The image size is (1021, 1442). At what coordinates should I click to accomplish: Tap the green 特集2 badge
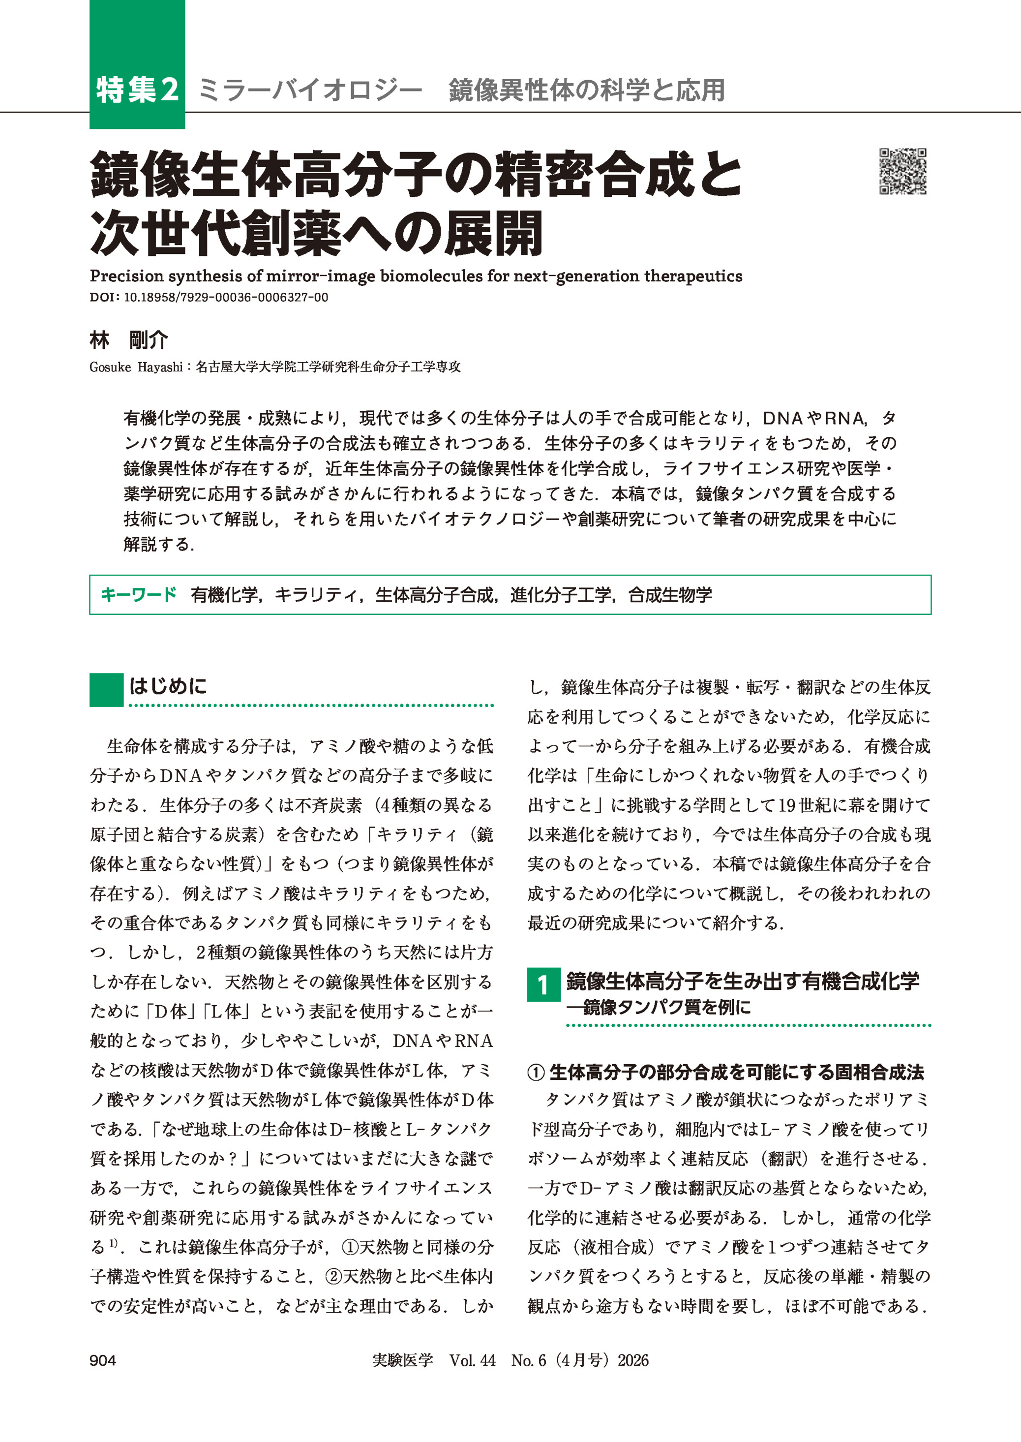(137, 90)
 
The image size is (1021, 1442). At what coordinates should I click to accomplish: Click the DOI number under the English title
(226, 298)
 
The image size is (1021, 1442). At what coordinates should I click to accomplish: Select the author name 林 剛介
(129, 340)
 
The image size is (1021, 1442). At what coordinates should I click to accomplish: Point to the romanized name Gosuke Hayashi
(135, 367)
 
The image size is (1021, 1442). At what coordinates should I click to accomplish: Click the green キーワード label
(139, 594)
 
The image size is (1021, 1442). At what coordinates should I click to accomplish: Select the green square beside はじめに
(106, 690)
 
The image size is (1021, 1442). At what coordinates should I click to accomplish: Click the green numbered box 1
(543, 985)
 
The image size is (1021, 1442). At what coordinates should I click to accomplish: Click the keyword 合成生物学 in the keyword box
(670, 594)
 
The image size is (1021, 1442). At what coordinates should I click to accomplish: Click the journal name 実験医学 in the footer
(402, 1360)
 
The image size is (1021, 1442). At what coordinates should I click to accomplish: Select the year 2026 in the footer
(632, 1360)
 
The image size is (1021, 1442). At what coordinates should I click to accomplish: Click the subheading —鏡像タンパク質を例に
(659, 1008)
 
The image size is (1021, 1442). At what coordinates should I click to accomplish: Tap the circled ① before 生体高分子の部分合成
(536, 1072)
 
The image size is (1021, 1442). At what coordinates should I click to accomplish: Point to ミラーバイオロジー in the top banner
(309, 90)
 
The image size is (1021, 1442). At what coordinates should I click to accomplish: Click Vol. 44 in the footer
(472, 1360)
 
